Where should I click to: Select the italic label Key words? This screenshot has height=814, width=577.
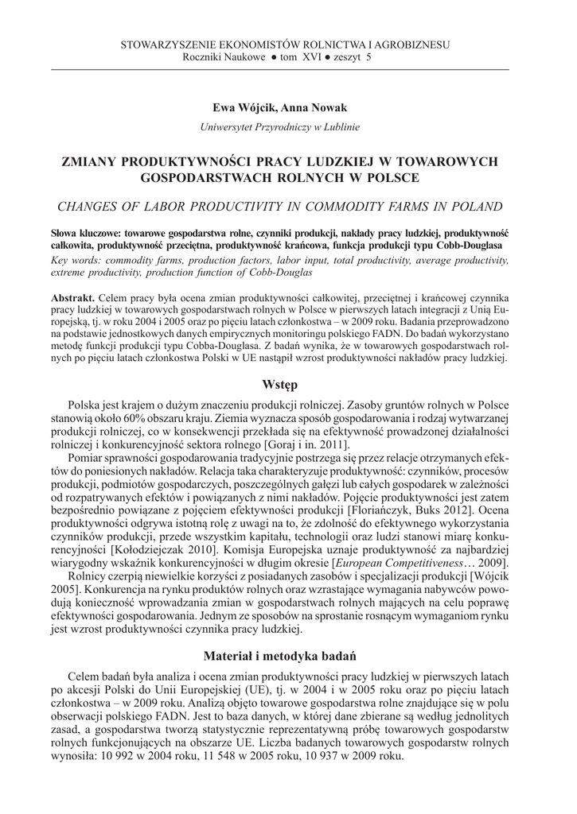[77, 260]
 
